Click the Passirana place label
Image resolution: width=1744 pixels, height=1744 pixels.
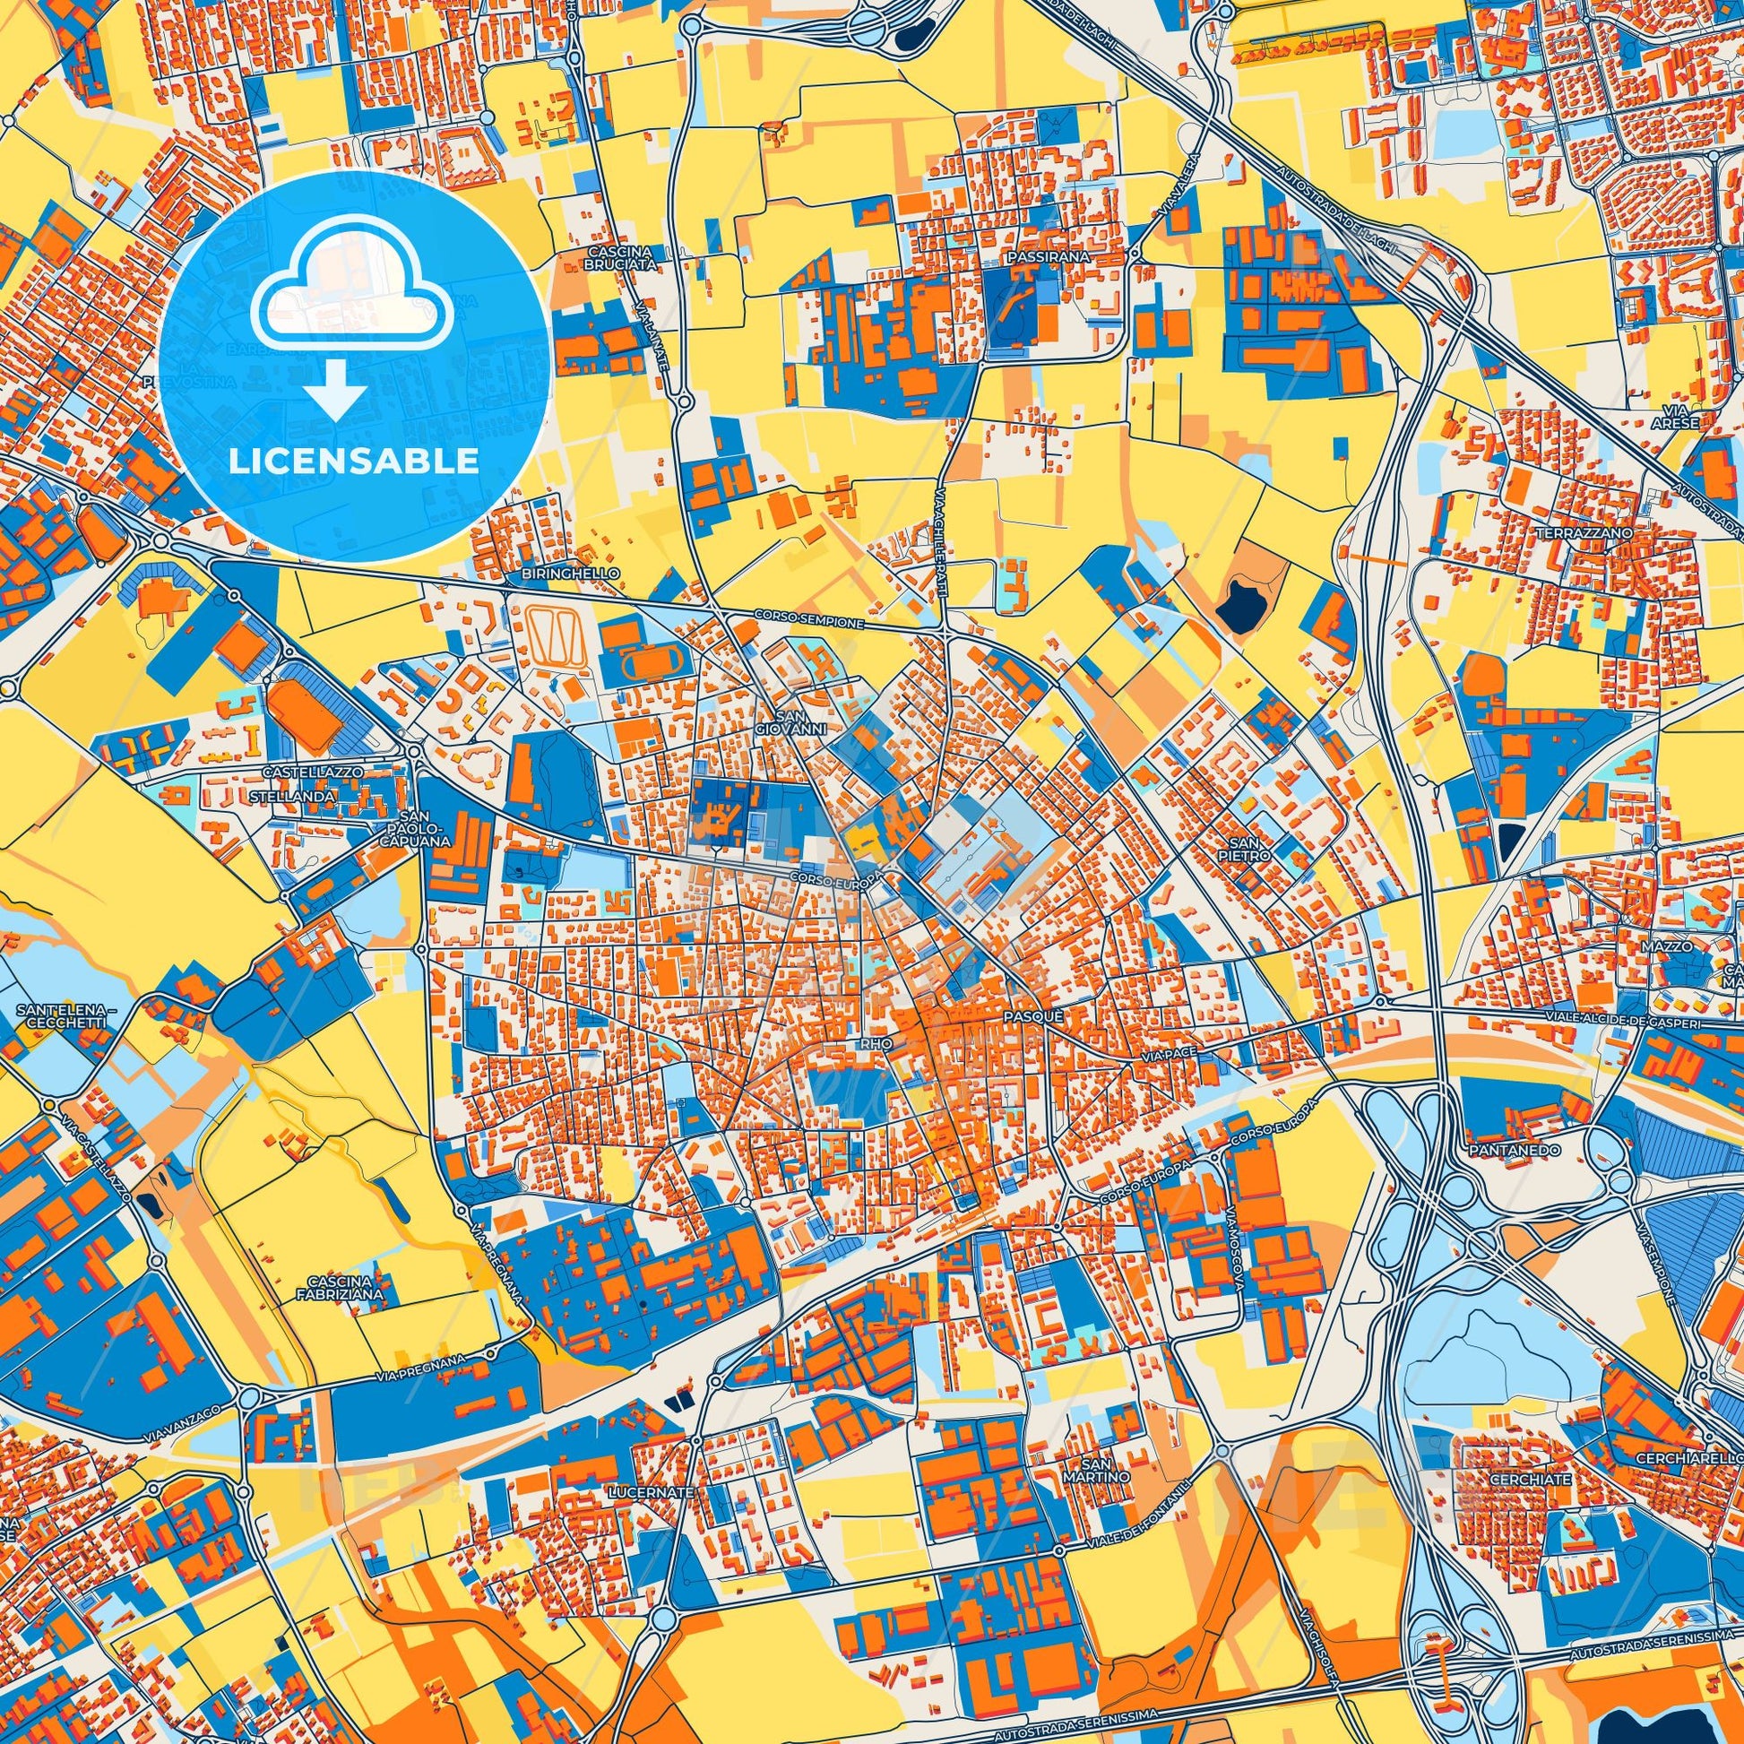[1048, 257]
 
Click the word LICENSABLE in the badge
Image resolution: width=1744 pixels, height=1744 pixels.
[353, 462]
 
